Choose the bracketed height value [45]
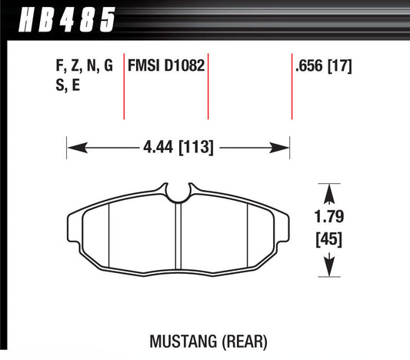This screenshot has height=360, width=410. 329,240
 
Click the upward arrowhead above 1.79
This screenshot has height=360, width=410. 330,191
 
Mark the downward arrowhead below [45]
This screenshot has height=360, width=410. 330,269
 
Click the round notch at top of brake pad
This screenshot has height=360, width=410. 178,193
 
